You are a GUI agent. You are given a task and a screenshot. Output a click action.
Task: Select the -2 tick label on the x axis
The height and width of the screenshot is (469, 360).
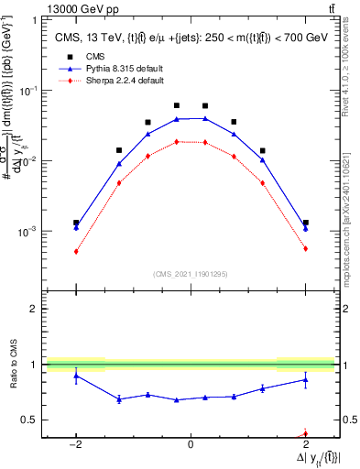(76, 443)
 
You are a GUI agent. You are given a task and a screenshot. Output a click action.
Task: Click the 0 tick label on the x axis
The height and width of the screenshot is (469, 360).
(191, 443)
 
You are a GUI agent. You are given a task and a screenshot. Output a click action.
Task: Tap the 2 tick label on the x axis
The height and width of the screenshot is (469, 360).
(305, 443)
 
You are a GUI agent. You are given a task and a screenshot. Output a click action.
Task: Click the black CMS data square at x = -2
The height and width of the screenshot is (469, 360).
(76, 223)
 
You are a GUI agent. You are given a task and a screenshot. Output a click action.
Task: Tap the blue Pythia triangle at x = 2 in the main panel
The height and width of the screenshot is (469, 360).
(305, 228)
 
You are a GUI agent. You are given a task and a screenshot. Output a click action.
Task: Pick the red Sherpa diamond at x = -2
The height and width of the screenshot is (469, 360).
(76, 251)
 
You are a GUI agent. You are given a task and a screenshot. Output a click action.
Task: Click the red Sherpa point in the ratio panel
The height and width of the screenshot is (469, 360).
(305, 434)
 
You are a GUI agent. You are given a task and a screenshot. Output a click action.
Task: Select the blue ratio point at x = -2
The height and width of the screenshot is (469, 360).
(76, 376)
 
